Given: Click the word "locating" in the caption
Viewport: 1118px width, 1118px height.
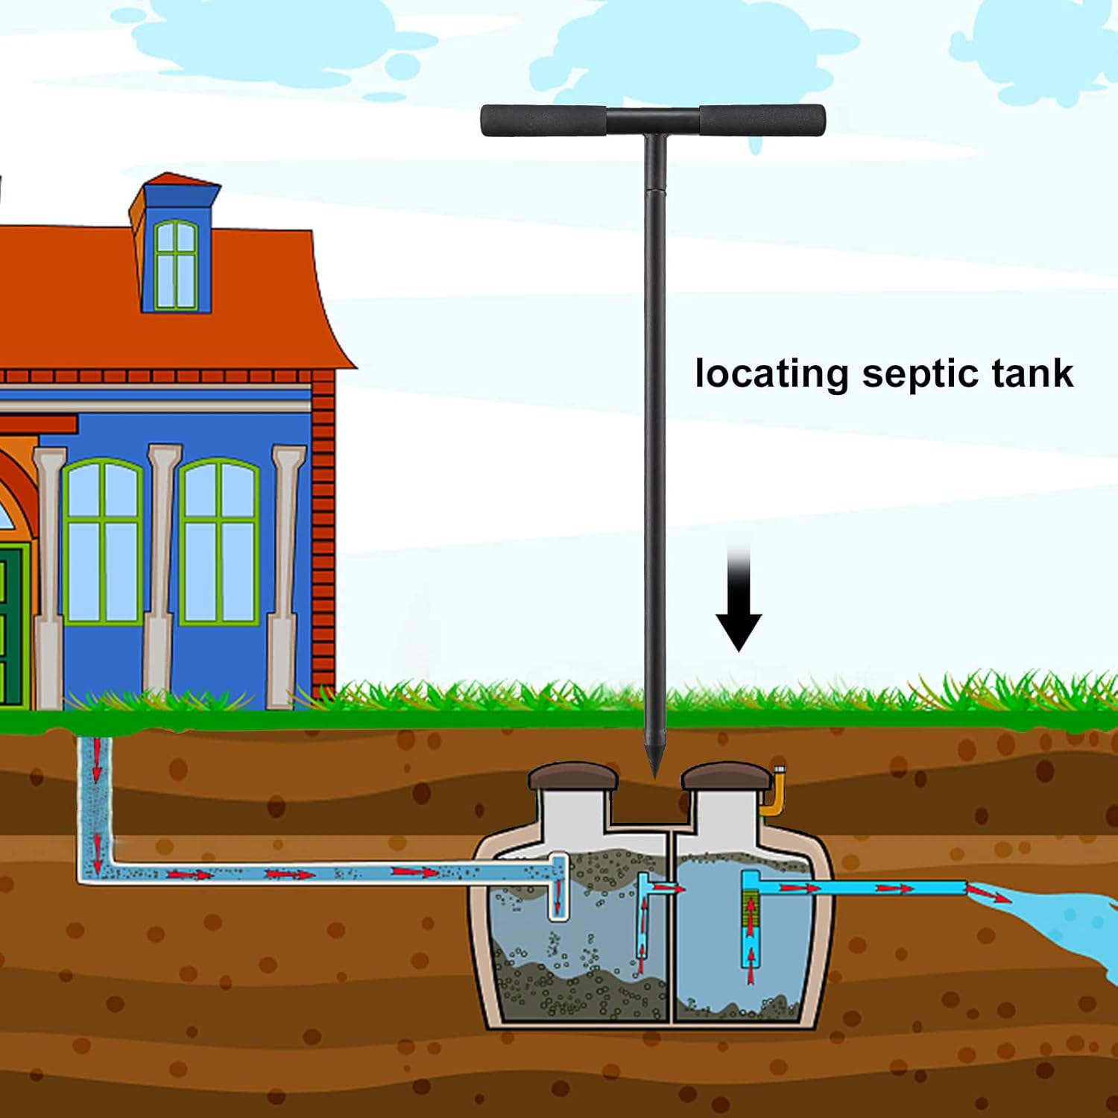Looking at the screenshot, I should [x=771, y=374].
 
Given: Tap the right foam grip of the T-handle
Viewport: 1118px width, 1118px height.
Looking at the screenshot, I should [x=762, y=120].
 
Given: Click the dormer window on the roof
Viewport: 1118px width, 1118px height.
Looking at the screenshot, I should [x=177, y=265].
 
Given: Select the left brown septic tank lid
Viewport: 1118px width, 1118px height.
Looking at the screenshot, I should [x=573, y=777].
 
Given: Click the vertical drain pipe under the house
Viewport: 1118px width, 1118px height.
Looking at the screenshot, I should [x=95, y=805].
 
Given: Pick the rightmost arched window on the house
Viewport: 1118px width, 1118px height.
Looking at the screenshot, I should [x=218, y=542].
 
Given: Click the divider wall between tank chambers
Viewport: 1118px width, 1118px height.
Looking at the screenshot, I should [x=672, y=932].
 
